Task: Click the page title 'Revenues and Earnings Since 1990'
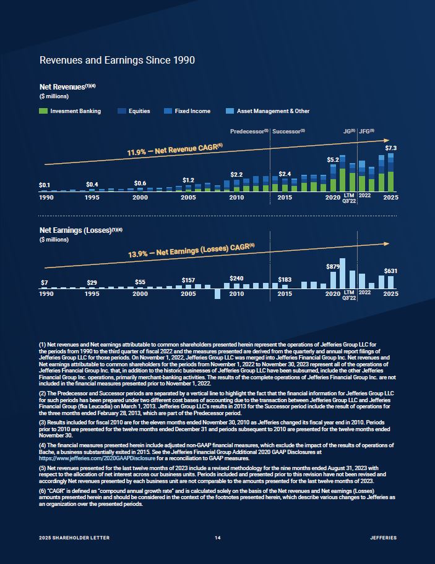[117, 61]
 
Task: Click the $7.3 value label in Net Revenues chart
[391, 148]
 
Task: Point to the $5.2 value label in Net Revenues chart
[333, 160]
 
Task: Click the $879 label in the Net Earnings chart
[334, 266]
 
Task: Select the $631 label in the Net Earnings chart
[390, 271]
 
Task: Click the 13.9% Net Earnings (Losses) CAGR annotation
[191, 250]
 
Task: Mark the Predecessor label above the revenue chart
[249, 132]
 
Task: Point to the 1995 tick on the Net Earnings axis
[92, 294]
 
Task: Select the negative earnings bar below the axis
[217, 293]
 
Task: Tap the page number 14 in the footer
[218, 538]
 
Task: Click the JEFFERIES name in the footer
[383, 538]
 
